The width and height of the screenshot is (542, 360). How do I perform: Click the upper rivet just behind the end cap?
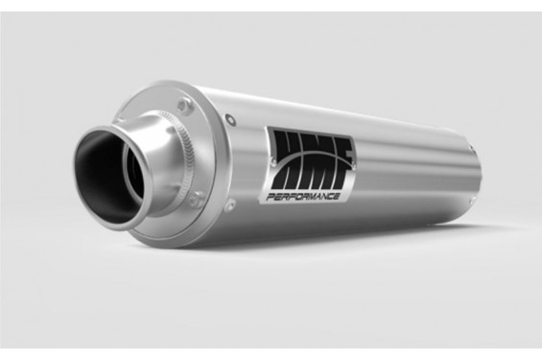tap(230, 119)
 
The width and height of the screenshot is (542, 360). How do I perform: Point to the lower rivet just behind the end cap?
tap(230, 204)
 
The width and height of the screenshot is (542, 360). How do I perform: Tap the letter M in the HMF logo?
tap(315, 162)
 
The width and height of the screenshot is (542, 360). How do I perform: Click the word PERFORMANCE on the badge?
tap(302, 197)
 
